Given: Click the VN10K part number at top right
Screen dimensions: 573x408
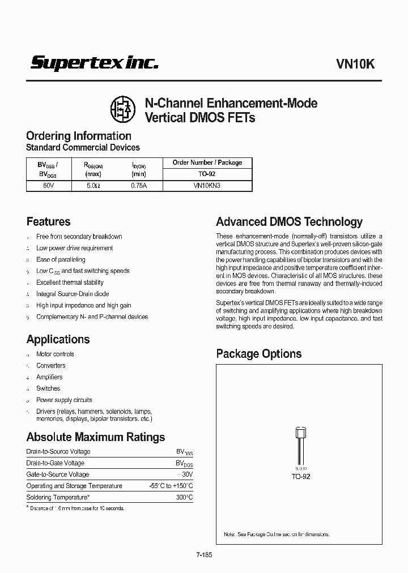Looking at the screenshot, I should coord(356,64).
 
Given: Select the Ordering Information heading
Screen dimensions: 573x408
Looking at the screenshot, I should coord(79,136).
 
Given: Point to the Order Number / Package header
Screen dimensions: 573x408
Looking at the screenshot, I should coord(207,163).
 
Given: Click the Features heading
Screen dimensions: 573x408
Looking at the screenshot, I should coord(48,222).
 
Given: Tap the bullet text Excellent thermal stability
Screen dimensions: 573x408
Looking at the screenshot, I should coord(70,282).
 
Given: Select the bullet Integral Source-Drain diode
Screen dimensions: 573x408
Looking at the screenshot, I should coord(73,294).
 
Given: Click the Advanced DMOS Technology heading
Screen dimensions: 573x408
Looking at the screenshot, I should coord(289,222).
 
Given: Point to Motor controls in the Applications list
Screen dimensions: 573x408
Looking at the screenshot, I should coord(55,354).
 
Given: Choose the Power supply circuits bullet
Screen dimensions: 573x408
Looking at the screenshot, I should coord(64,400).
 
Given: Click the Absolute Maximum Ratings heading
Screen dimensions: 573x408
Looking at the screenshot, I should coord(96,437).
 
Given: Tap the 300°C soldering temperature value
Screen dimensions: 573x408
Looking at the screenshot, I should coord(184,497).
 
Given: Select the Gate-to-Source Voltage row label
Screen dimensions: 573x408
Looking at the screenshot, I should coord(58,474).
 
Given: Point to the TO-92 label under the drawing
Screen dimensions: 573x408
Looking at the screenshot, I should coord(301,477).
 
